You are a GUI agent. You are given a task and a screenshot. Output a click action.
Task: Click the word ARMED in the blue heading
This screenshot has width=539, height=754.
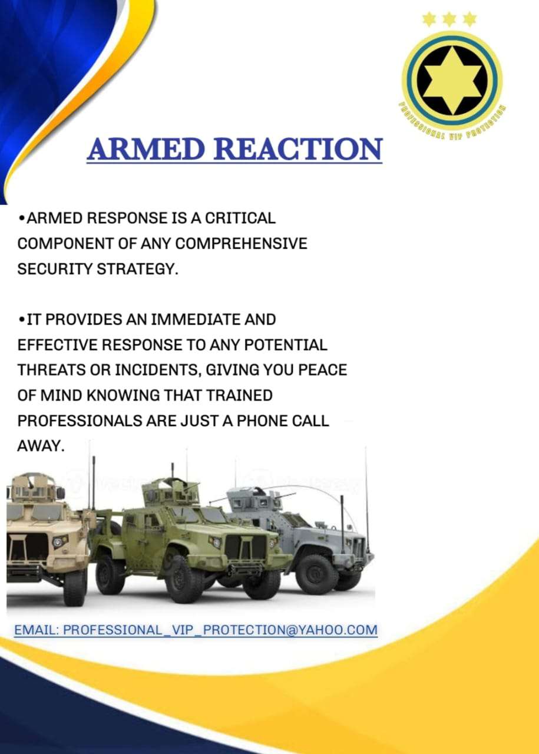point(146,148)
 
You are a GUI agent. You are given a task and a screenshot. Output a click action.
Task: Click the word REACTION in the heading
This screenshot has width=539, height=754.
point(298,148)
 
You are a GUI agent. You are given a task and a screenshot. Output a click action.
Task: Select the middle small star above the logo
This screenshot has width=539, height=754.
point(449,19)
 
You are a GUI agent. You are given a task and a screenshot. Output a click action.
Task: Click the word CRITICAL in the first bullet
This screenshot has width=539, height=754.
point(240,218)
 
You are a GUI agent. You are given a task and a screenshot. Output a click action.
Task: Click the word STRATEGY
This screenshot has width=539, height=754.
point(137,269)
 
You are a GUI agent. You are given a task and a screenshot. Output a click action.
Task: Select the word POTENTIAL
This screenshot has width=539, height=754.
point(286,345)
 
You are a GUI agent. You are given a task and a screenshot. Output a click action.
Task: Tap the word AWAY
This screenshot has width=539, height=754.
point(41,446)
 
